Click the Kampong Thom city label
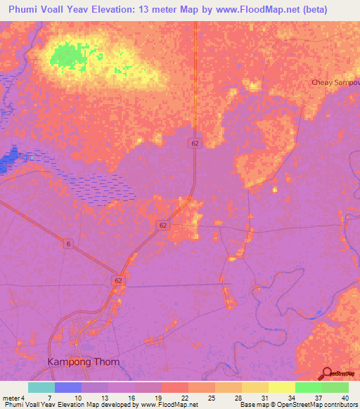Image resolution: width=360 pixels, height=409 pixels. click(83, 362)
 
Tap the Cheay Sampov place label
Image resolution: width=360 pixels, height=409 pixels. click(335, 82)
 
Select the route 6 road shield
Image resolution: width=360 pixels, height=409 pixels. click(69, 243)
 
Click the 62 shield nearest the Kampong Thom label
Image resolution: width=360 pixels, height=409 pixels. click(117, 280)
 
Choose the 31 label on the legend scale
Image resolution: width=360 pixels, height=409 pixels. click(255, 397)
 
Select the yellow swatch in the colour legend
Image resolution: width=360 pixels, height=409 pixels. click(282, 387)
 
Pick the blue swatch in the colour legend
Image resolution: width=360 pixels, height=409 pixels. click(68, 387)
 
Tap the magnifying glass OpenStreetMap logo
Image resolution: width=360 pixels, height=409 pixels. click(328, 374)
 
